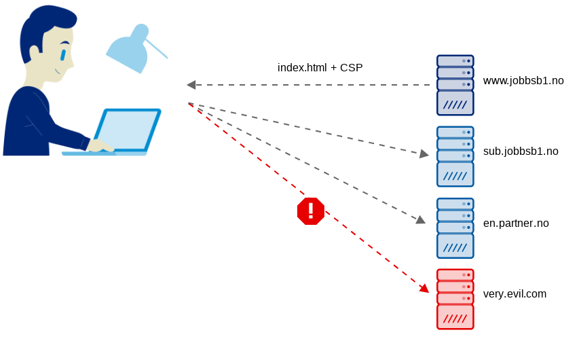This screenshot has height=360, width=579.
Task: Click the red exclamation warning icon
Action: [310, 211]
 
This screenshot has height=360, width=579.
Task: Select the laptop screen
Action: [128, 130]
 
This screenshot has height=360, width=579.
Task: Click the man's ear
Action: [35, 53]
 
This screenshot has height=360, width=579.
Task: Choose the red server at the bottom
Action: [455, 300]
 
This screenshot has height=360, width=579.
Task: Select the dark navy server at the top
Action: [455, 85]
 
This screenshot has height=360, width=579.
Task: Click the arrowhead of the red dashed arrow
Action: [424, 289]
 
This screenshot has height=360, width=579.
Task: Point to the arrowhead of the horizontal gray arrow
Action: [191, 85]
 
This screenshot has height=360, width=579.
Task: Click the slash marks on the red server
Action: [455, 319]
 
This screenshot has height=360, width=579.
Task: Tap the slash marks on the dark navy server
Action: [455, 105]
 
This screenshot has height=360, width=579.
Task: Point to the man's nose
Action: [71, 62]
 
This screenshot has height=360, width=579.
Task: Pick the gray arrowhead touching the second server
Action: [424, 154]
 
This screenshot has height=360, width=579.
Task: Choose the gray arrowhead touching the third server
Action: [421, 219]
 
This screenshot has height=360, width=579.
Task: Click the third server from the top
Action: [455, 228]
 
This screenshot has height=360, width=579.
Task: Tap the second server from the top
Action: [455, 156]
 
